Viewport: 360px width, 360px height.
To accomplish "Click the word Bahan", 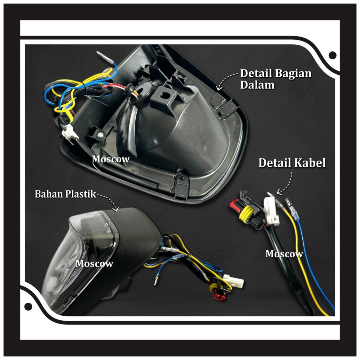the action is point(47,194).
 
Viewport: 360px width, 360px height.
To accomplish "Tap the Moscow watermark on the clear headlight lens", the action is point(94,263).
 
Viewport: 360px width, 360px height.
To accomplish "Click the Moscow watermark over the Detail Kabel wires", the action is point(284,253).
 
